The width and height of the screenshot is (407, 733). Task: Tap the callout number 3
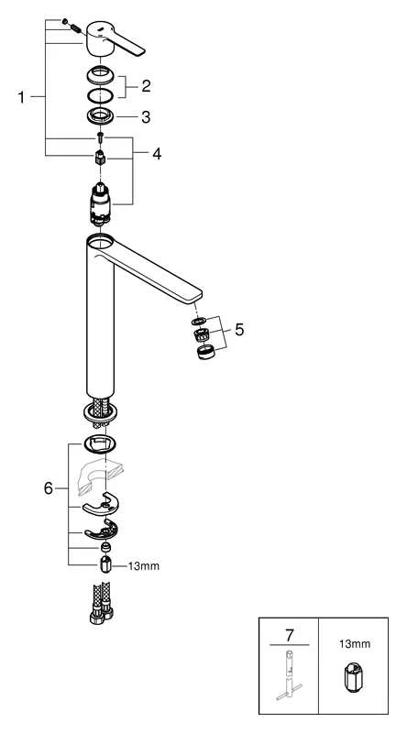point(144,116)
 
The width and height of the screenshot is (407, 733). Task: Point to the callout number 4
point(156,153)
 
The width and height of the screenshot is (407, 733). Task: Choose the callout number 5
point(239,329)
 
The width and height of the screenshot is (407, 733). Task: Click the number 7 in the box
point(289,635)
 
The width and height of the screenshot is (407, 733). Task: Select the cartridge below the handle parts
point(101,202)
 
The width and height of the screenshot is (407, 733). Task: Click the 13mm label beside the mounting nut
point(143,566)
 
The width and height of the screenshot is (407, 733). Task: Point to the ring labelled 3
point(100,116)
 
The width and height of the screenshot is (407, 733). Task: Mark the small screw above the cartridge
point(100,140)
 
